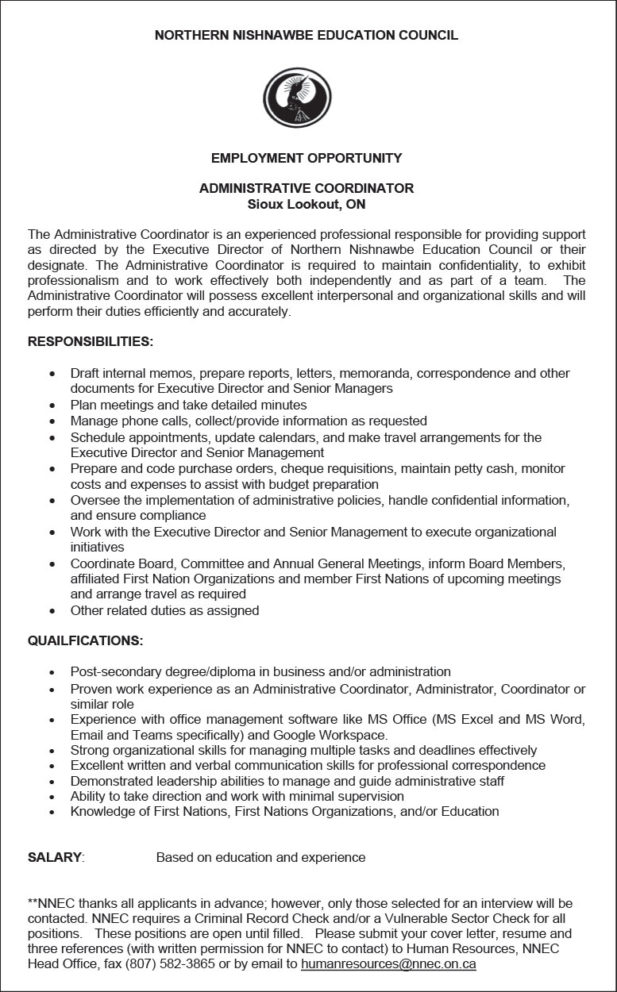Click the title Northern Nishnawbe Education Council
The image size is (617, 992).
click(x=307, y=36)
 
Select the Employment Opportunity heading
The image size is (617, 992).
click(x=307, y=158)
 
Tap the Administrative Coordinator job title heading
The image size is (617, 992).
click(x=307, y=188)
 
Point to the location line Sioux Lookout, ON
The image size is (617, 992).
click(x=307, y=204)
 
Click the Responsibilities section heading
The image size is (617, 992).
click(x=91, y=342)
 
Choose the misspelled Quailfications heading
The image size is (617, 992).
click(x=86, y=640)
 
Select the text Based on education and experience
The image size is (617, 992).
click(x=260, y=857)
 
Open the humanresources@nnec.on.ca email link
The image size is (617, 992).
click(x=388, y=964)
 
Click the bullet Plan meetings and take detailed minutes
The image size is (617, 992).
click(x=188, y=405)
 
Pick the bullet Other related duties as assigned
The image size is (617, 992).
click(x=164, y=610)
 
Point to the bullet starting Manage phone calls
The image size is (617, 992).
click(x=249, y=421)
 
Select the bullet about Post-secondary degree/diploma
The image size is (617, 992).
click(x=260, y=671)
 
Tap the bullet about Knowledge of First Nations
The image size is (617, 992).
click(x=284, y=811)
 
